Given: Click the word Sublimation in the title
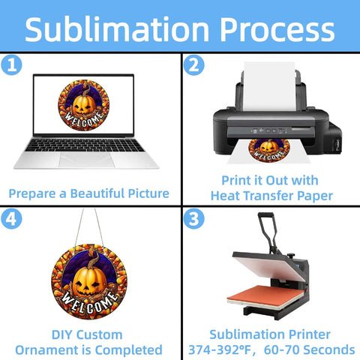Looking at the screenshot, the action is (x=117, y=29).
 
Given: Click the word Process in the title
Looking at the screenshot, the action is (x=277, y=30).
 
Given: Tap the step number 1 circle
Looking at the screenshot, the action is (x=11, y=64).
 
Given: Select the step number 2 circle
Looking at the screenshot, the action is (x=194, y=65).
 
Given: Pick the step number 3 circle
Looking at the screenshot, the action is (x=194, y=219).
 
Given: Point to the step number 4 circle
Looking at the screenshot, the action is (x=11, y=219).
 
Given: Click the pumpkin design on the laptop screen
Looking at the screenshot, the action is (x=84, y=105).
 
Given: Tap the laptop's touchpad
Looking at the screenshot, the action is (x=86, y=160).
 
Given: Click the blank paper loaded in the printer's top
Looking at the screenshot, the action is (x=269, y=86).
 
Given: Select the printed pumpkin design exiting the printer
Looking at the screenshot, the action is (x=269, y=150).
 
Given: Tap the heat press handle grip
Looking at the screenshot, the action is (x=265, y=214).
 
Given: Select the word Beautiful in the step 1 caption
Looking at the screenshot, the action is (x=99, y=193).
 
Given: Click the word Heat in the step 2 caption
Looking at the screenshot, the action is (x=226, y=196).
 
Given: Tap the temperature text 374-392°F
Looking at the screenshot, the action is (x=220, y=349).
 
